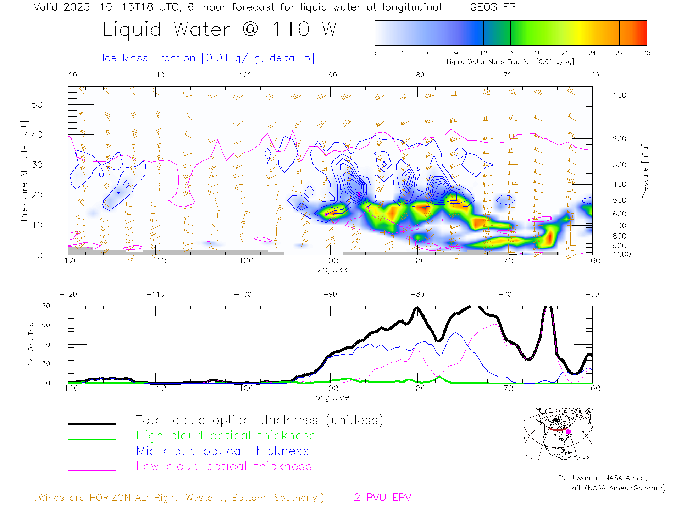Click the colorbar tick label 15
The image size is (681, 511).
tap(510, 53)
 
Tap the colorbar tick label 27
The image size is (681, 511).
tap(619, 53)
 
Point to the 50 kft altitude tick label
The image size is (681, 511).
tap(37, 104)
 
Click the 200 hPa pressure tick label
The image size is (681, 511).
tap(619, 139)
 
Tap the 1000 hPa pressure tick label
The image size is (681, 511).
tap(622, 254)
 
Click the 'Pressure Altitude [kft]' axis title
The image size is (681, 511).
tap(24, 171)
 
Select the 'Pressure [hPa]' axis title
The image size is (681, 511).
tap(645, 171)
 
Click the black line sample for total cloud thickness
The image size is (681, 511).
tap(92, 424)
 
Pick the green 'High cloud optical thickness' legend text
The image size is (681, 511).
tap(226, 435)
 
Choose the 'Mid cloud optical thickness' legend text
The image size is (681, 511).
tap(222, 451)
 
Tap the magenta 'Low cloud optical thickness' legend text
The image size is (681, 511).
tap(224, 466)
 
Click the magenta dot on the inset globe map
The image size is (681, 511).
tap(569, 432)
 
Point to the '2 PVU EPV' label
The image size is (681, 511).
tap(382, 498)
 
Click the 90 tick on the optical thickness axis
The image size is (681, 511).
tap(46, 325)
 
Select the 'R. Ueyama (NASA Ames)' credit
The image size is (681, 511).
tap(603, 478)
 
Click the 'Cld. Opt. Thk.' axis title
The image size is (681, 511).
tap(31, 344)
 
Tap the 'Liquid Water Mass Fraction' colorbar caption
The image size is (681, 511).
tap(510, 62)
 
